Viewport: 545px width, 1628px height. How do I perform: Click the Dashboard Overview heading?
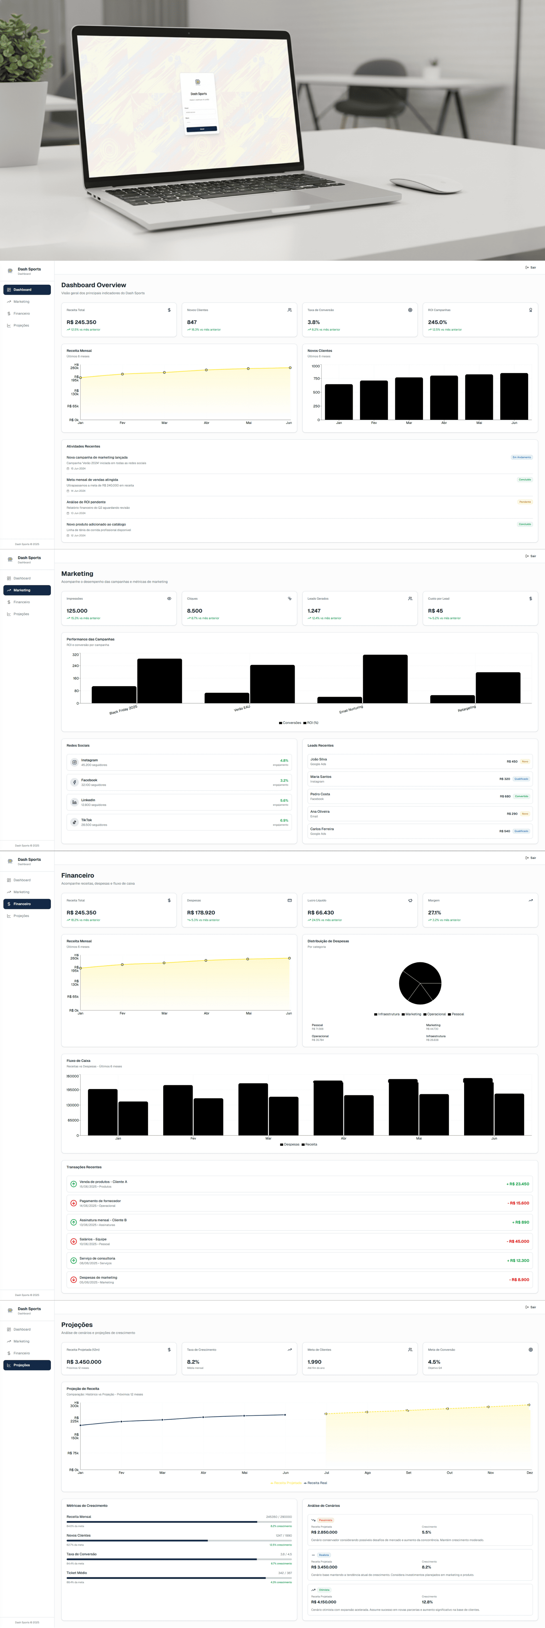tap(94, 285)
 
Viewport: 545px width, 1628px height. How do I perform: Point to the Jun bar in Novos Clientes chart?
tap(514, 396)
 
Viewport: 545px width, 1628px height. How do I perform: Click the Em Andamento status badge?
tap(522, 457)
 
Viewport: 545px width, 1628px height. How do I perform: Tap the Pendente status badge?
tap(525, 502)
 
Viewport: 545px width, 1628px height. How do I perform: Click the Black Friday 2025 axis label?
tap(123, 710)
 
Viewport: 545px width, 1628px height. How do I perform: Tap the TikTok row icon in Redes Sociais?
tap(74, 822)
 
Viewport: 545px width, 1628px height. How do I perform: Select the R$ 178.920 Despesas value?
tap(201, 913)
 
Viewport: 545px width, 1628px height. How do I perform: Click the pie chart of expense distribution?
tap(420, 983)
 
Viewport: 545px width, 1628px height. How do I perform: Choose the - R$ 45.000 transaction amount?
tap(518, 1241)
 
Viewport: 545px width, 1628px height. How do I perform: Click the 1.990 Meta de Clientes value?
tap(314, 1362)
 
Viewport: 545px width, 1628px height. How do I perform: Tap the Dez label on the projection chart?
tap(529, 1473)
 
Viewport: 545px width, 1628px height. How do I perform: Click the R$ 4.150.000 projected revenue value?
tap(324, 1601)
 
